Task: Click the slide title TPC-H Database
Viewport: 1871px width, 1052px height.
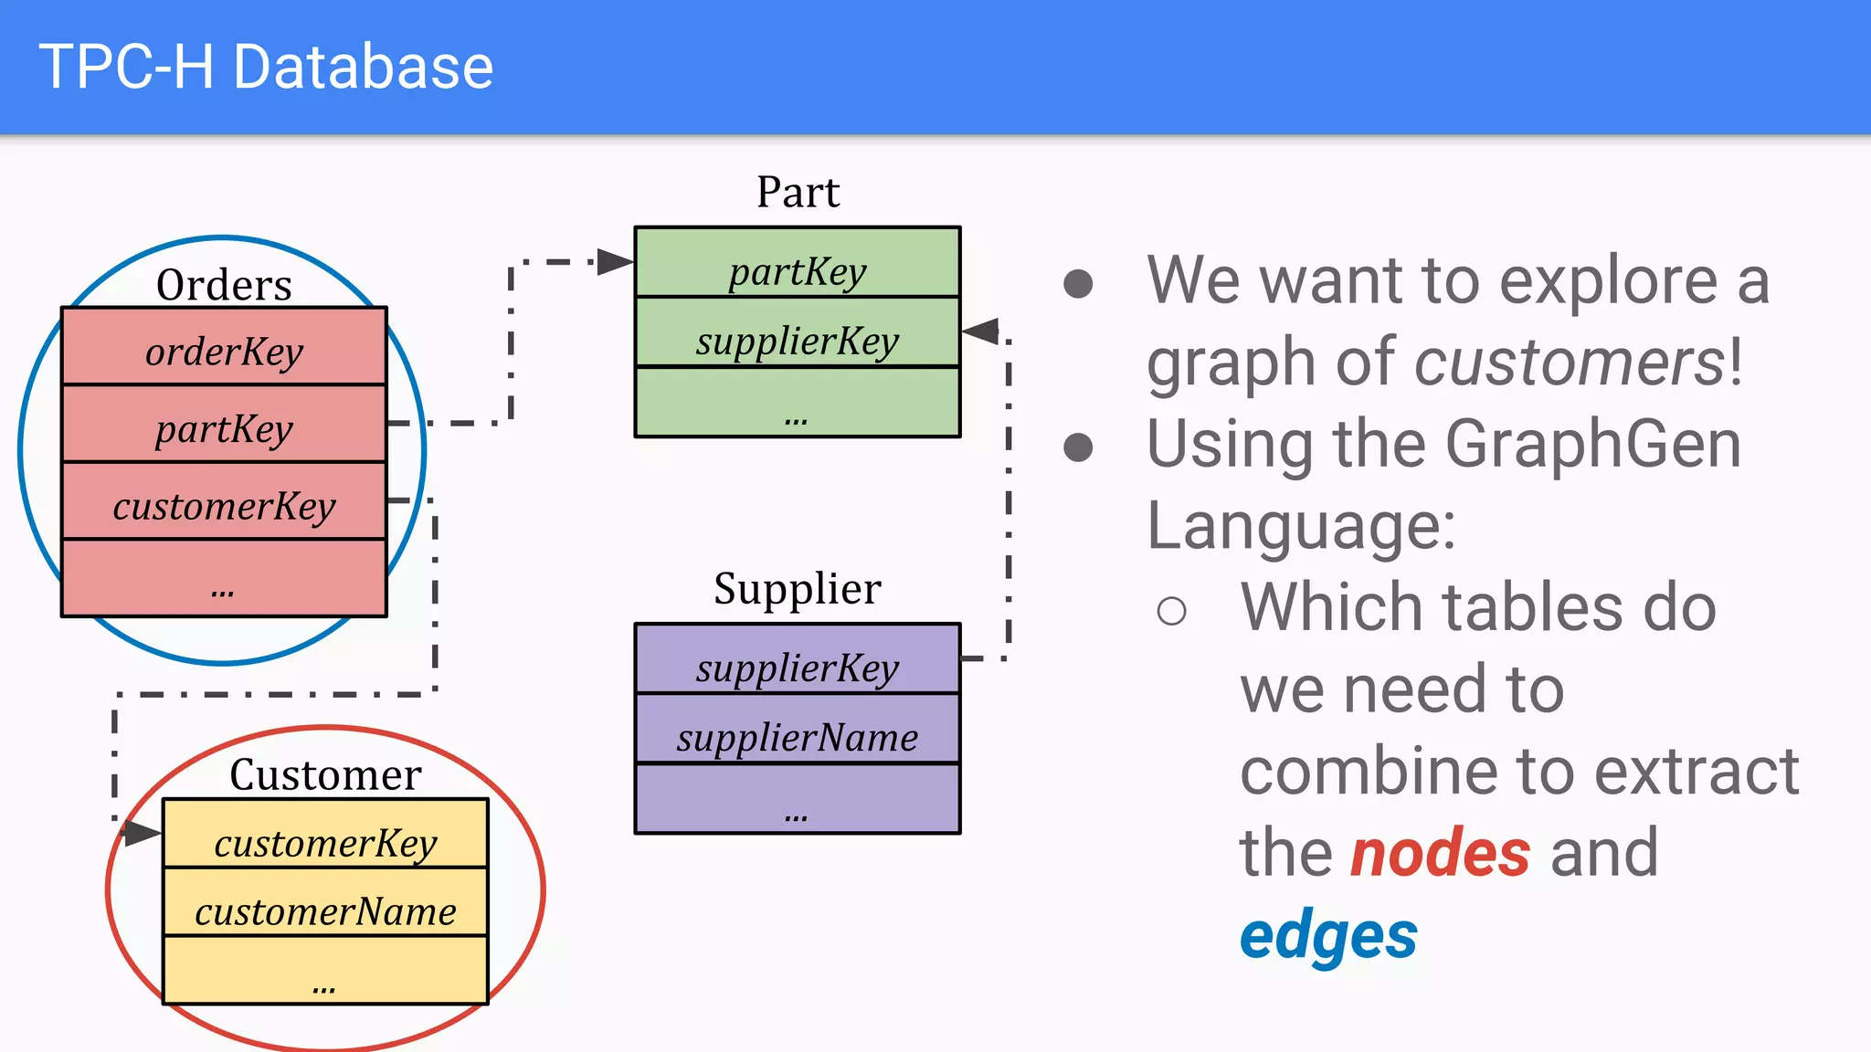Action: coord(266,67)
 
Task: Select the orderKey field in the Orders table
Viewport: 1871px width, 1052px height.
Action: coord(224,351)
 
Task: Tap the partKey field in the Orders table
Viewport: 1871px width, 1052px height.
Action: coord(224,428)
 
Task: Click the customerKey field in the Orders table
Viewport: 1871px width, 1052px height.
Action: coord(224,505)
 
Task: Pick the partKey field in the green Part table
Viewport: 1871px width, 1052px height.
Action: coord(797,270)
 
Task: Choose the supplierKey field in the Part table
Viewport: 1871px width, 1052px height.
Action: coord(797,341)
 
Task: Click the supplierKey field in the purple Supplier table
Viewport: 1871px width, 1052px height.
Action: coord(797,668)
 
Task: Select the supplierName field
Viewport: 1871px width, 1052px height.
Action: coord(797,737)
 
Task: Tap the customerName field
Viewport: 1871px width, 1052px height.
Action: coord(325,911)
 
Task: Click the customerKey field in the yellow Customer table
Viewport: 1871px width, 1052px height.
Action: coord(325,843)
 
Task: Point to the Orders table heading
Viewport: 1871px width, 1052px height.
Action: coord(224,285)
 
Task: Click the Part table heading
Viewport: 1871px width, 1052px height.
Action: coord(798,192)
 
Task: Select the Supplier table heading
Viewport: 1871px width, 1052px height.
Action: coord(798,588)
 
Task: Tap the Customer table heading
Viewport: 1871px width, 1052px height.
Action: coord(325,774)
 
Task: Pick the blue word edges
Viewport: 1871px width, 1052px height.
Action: coord(1328,936)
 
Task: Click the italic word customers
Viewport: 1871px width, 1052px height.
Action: coord(1569,363)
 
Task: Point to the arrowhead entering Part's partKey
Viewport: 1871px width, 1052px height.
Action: coord(615,262)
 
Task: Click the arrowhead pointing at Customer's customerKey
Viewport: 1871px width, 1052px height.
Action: coord(143,832)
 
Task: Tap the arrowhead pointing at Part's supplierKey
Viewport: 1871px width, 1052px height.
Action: coord(981,331)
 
